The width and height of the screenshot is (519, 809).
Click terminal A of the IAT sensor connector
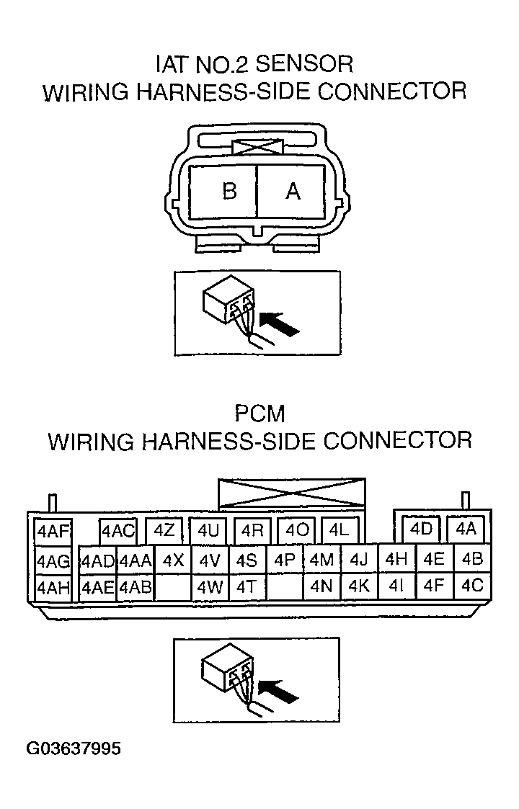293,191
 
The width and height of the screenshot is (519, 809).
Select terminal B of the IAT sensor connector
229,191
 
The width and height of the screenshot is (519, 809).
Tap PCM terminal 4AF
53,532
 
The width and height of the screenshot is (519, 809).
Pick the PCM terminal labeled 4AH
53,587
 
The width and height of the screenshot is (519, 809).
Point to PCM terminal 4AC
118,532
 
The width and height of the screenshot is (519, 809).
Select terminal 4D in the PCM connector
421,529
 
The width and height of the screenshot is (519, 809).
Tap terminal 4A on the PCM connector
466,529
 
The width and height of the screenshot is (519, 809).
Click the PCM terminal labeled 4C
472,586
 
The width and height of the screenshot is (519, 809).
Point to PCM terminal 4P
285,560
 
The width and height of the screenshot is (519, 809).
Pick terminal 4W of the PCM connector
210,587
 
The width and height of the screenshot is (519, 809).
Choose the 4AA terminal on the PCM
135,560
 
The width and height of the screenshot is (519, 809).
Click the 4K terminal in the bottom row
358,586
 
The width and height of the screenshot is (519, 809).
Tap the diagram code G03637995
74,748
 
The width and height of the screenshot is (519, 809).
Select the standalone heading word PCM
259,414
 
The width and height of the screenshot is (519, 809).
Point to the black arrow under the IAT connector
280,326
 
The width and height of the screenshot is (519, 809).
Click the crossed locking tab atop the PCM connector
291,495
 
